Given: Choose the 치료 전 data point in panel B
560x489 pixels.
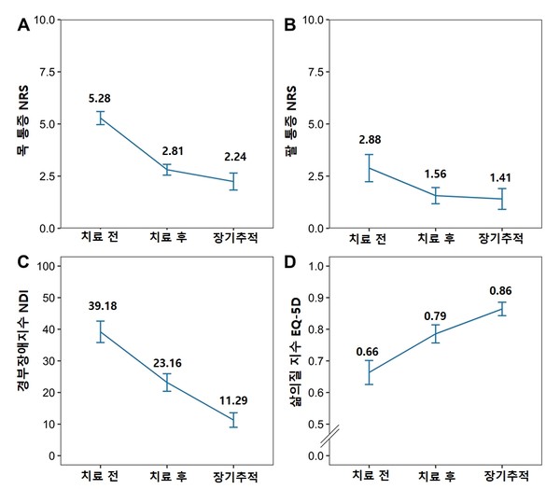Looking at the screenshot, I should pos(370,168).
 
